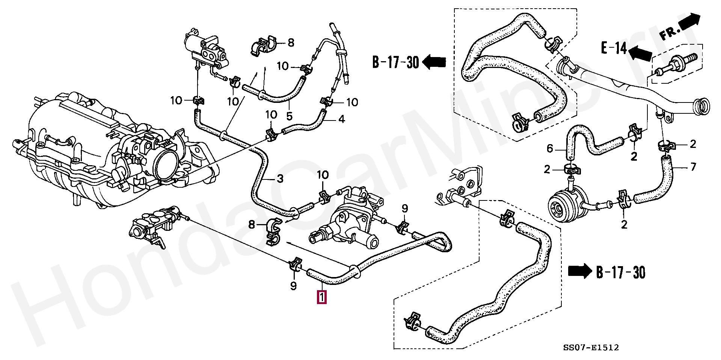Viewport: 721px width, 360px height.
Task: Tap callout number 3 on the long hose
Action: (280, 179)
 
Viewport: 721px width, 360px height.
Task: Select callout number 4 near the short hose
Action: (341, 119)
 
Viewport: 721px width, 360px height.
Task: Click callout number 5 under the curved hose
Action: (289, 116)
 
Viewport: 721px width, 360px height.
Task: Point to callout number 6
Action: (550, 149)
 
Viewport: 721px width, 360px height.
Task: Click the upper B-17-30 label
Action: (395, 62)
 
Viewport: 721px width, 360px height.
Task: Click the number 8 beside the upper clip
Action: (291, 43)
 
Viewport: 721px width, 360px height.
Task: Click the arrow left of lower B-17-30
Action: (580, 271)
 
